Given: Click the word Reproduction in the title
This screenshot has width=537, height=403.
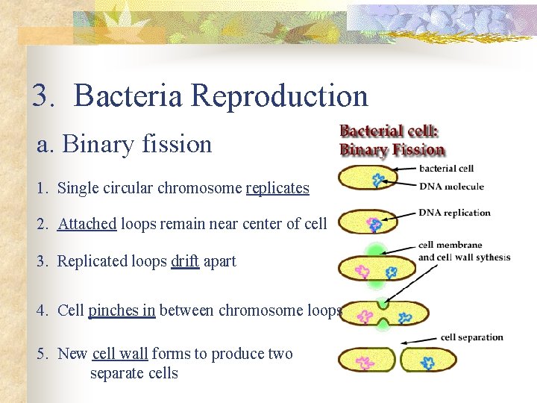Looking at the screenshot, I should (x=279, y=96).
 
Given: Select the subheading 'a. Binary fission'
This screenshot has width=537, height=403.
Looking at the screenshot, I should (x=125, y=143).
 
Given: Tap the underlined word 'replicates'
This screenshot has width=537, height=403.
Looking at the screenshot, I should (x=277, y=188).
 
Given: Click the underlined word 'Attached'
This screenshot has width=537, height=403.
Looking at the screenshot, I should (x=87, y=224).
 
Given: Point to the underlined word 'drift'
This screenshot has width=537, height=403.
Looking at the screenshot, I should (x=185, y=261).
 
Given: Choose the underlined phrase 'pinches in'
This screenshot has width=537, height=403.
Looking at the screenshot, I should (x=122, y=310).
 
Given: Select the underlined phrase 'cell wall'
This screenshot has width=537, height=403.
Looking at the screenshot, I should (x=120, y=354).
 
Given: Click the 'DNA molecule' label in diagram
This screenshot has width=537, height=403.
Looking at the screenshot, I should (x=451, y=187).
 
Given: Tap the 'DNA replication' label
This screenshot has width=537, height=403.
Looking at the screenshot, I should (x=454, y=213).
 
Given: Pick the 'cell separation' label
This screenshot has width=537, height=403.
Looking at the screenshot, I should (x=471, y=337).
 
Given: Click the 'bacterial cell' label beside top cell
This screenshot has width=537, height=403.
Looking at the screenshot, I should (x=446, y=169).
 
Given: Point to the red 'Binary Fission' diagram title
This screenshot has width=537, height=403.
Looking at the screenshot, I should (x=392, y=149).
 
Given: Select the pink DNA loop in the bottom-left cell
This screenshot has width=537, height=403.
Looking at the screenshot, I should (x=365, y=363).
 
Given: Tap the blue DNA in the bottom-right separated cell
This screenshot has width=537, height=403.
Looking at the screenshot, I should (x=427, y=363).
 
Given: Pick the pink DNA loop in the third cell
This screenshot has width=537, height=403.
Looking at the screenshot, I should (x=362, y=270).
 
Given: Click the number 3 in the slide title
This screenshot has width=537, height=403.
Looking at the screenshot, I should (x=40, y=96).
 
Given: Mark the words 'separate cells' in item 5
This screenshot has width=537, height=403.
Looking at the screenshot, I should (x=134, y=373).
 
